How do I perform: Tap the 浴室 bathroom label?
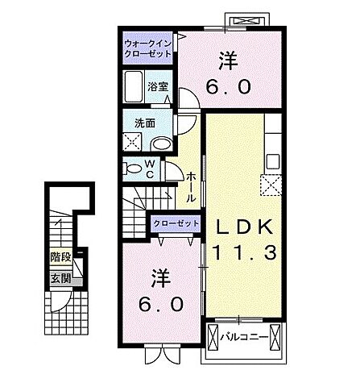click(x=156, y=85)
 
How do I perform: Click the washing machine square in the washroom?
click(x=133, y=144)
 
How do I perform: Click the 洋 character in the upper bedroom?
click(x=227, y=59)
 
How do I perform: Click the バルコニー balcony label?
click(x=243, y=336)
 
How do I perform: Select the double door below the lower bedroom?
click(x=159, y=354)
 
